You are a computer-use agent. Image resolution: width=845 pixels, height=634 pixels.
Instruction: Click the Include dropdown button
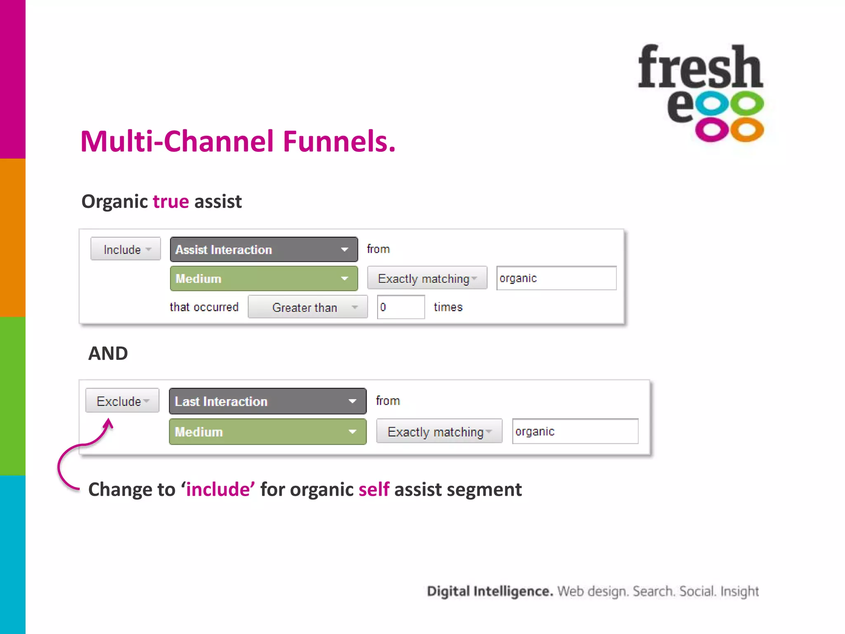[x=125, y=249]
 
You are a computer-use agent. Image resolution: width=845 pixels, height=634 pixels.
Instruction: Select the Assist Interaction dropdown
[x=264, y=249]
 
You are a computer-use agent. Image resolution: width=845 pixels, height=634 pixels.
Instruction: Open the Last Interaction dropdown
[x=267, y=401]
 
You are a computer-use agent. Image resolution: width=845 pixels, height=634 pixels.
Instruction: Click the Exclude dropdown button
[x=122, y=401]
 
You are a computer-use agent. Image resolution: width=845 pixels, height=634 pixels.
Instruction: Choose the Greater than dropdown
[x=307, y=307]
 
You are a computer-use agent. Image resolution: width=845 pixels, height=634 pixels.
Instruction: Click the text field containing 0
[x=401, y=307]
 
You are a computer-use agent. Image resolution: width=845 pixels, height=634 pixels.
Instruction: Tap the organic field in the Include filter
[x=556, y=278]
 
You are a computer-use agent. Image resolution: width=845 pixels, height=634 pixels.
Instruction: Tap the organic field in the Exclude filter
[x=575, y=431]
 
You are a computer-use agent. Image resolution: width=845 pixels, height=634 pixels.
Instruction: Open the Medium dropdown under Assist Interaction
[x=264, y=279]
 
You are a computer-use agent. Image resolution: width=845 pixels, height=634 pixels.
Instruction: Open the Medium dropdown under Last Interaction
[x=267, y=432]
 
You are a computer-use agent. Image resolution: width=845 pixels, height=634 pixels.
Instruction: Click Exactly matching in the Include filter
[x=427, y=279]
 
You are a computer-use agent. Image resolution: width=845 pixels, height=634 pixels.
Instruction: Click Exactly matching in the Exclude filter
[x=439, y=432]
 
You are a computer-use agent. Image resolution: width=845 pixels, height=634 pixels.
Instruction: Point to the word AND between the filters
[x=108, y=353]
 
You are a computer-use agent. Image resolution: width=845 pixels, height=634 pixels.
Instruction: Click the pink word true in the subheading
[x=171, y=202]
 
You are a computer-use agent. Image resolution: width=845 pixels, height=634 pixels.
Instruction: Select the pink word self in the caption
[x=374, y=490]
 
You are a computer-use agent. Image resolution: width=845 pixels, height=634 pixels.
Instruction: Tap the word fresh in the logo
[x=700, y=67]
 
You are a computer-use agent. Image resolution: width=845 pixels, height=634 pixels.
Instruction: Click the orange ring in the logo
[x=747, y=130]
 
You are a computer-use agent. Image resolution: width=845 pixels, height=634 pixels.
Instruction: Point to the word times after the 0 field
[x=448, y=307]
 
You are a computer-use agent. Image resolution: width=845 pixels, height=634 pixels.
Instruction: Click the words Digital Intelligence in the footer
[x=490, y=591]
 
